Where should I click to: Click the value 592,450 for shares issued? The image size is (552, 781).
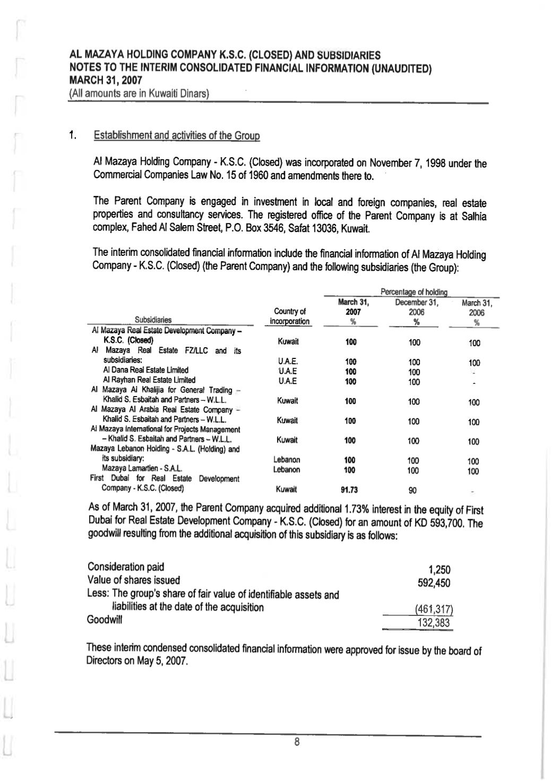click(434, 583)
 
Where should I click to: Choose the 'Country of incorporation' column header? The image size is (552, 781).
click(289, 316)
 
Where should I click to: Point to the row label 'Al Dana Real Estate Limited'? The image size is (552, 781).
click(145, 370)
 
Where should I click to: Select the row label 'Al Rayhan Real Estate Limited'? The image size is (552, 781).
click(149, 380)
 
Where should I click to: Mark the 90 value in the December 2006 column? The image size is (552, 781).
click(413, 490)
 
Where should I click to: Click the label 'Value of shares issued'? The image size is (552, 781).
click(134, 580)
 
